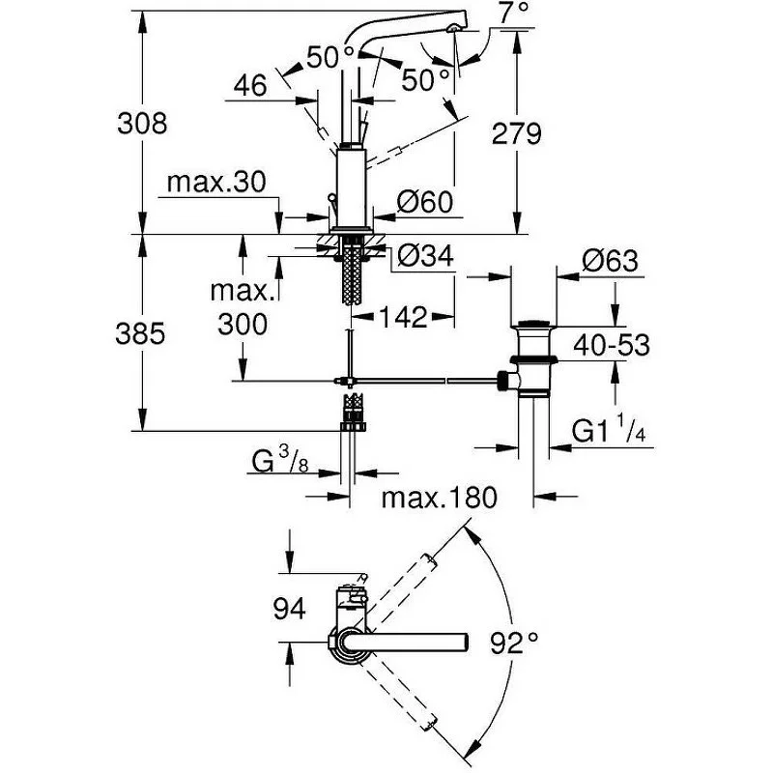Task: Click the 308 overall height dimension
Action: point(143,123)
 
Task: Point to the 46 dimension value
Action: point(249,85)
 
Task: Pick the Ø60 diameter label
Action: point(425,202)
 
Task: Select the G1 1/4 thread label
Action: point(609,430)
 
